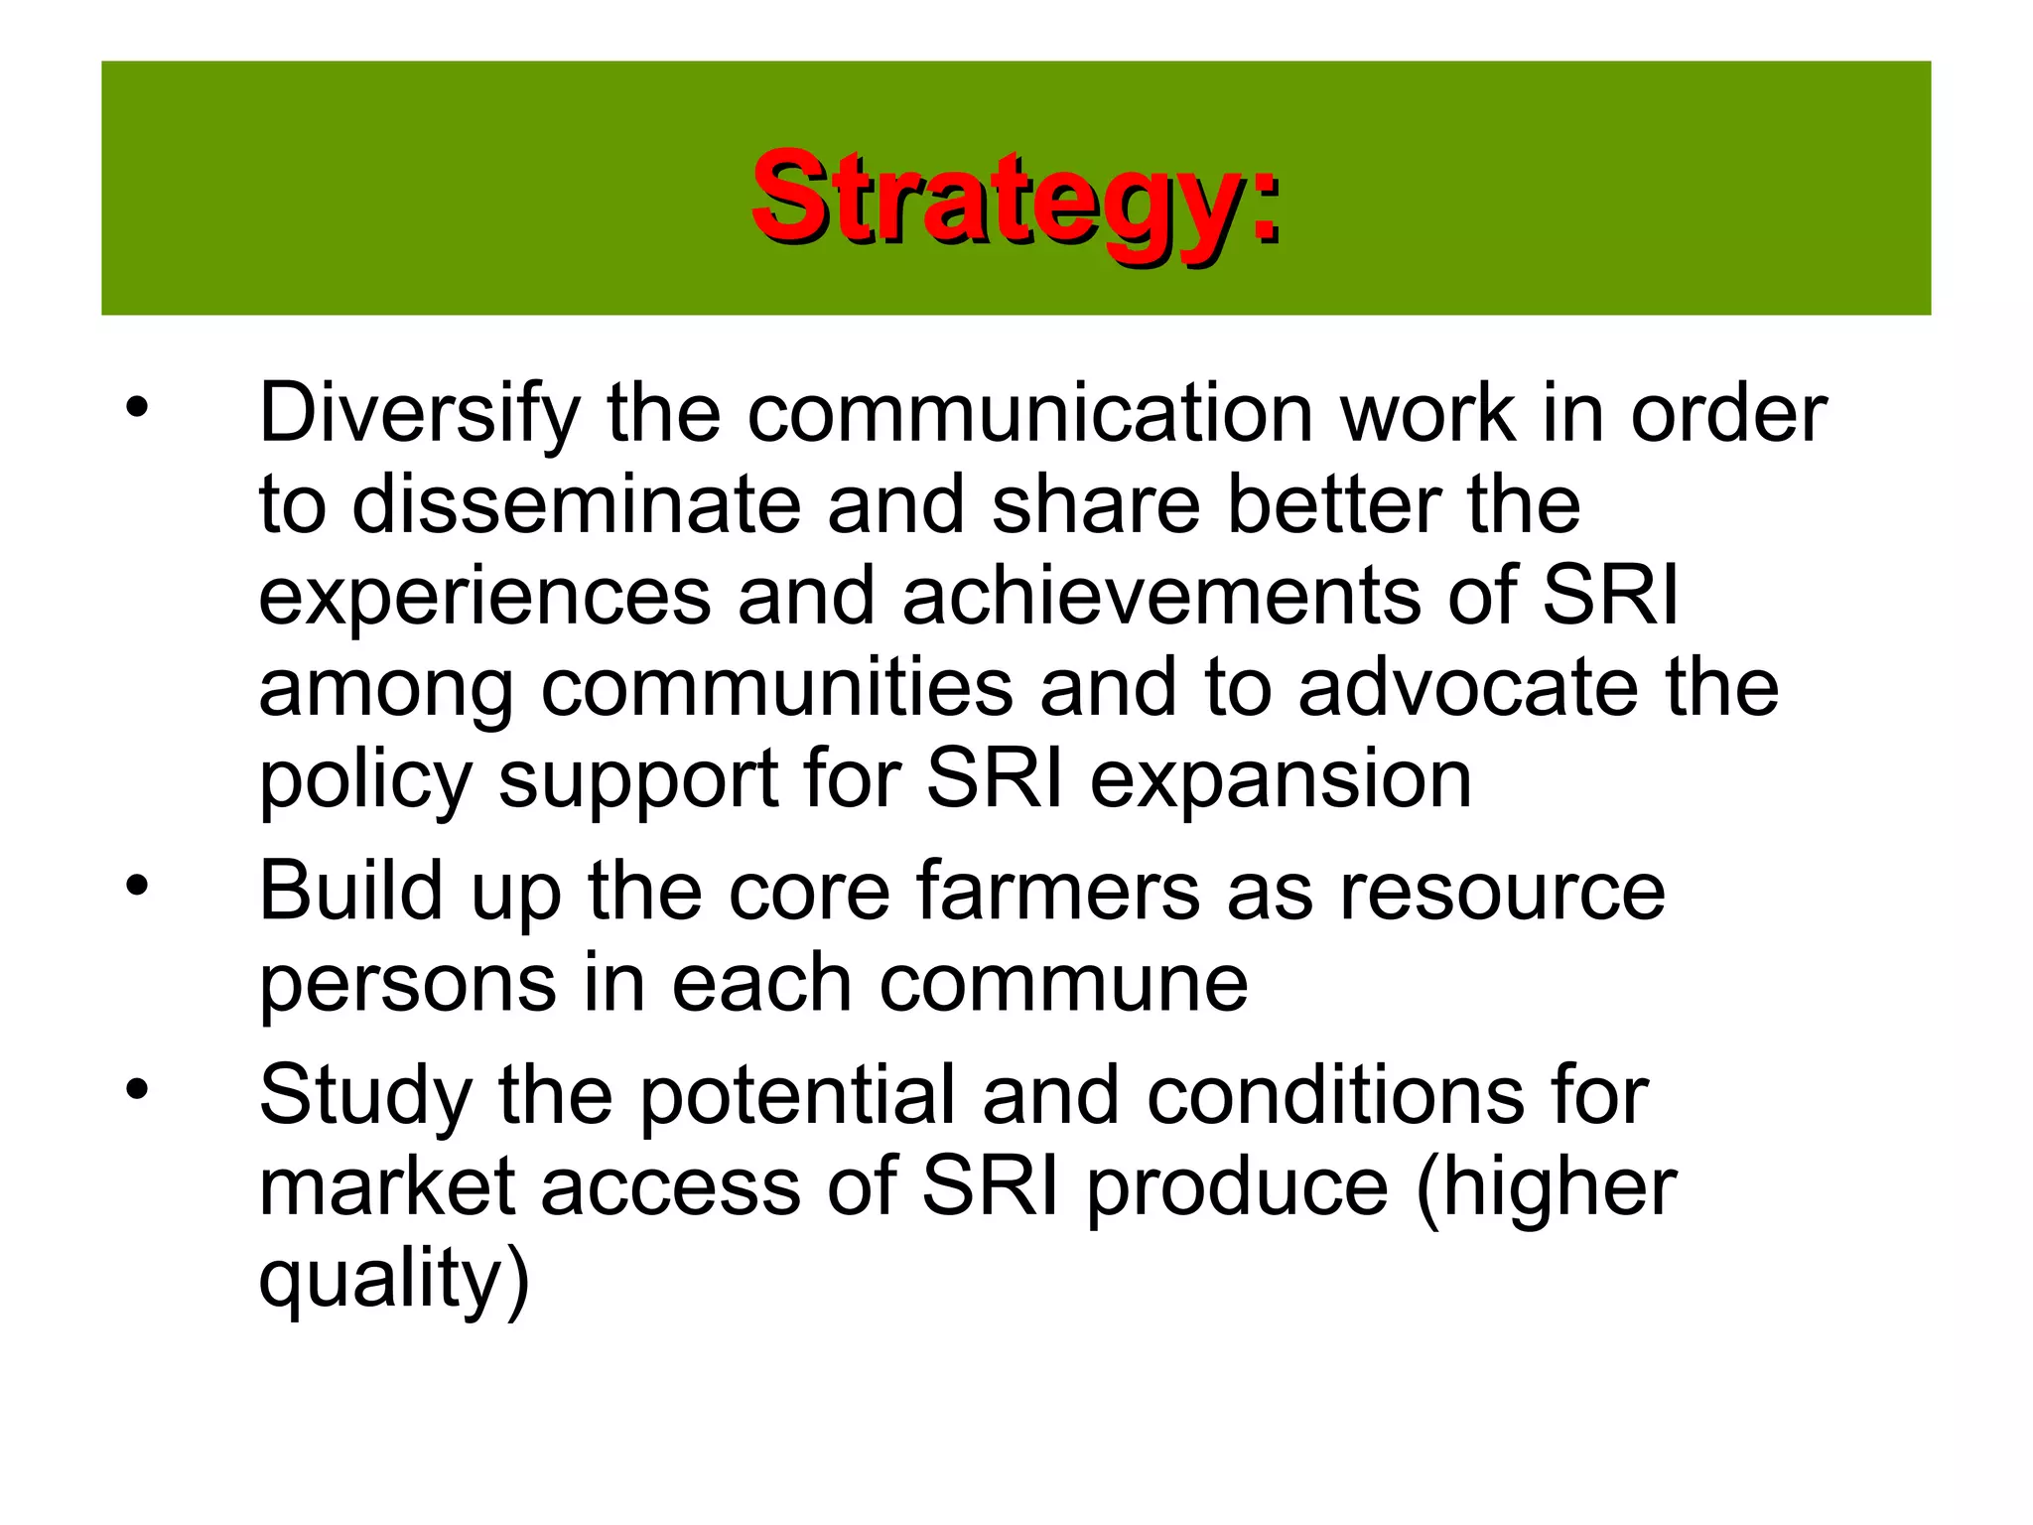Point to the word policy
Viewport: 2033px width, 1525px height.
pos(364,780)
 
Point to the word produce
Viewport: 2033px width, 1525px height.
pos(1237,1188)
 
